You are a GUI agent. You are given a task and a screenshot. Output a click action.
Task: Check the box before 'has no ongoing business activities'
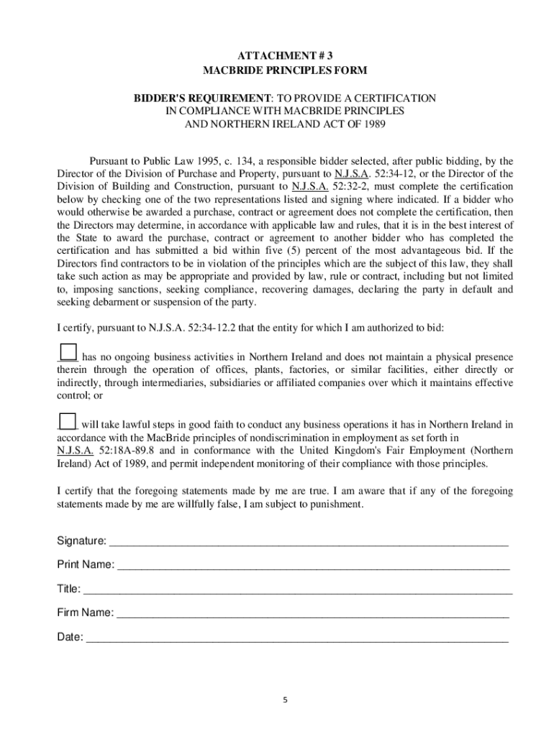68,351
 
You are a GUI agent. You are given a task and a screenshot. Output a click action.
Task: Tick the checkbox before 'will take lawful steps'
67,422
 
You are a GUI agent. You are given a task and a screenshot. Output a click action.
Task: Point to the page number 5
285,700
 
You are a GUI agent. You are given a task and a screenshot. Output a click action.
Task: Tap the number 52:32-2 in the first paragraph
351,186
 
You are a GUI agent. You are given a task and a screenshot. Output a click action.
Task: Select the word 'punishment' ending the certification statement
337,504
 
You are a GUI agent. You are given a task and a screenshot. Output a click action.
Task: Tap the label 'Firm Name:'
85,613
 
